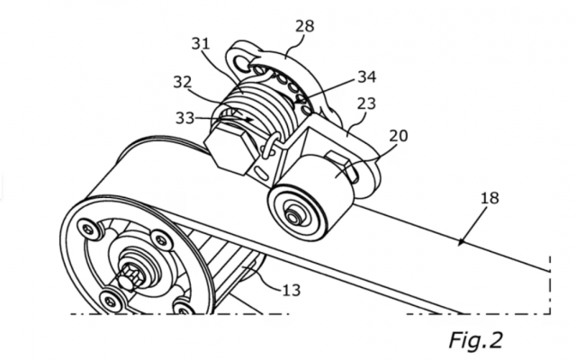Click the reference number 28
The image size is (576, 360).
click(304, 26)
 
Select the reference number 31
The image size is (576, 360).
click(201, 44)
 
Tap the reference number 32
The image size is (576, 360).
click(183, 82)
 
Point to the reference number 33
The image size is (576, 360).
click(184, 118)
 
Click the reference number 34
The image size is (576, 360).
click(367, 76)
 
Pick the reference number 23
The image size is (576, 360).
click(366, 103)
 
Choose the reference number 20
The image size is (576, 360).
click(398, 136)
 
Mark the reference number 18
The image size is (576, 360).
click(490, 198)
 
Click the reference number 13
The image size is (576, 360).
click(292, 291)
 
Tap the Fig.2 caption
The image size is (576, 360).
click(476, 339)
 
